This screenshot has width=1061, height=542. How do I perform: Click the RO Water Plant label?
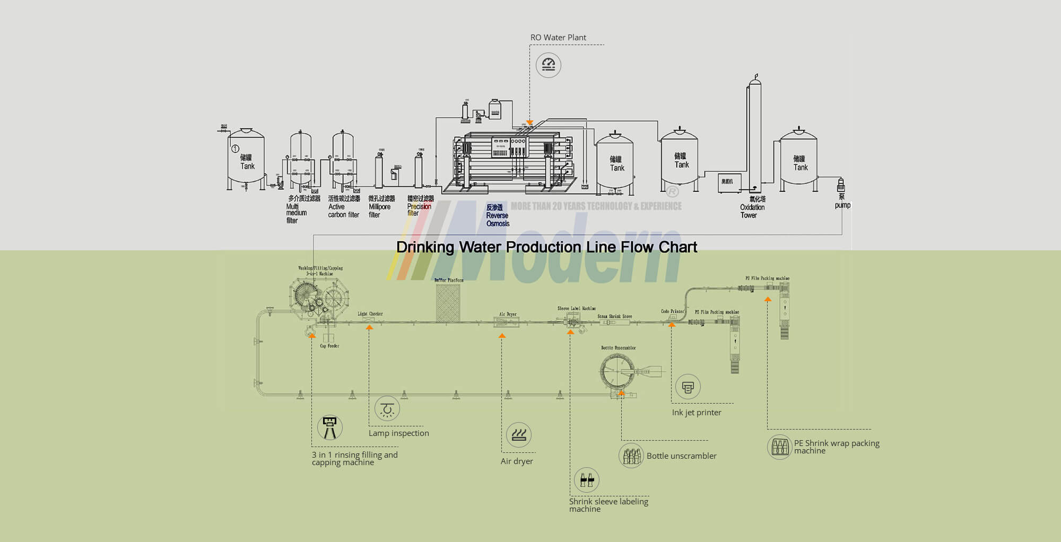point(558,38)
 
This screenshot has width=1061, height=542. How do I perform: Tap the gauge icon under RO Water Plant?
point(548,65)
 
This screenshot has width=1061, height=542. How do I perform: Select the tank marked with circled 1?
point(246,159)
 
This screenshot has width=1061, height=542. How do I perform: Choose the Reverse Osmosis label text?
point(498,216)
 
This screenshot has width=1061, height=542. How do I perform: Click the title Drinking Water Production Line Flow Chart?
point(546,247)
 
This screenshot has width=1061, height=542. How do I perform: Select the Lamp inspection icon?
point(387,409)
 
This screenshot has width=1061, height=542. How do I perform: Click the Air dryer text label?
point(517,461)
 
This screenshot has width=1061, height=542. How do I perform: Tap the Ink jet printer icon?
point(688,387)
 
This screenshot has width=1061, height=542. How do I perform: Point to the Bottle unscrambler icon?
point(631,456)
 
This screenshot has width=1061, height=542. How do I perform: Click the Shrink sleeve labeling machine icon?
point(587,480)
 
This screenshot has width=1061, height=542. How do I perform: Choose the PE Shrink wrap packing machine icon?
point(780,447)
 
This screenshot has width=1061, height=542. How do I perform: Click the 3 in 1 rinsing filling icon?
point(329,427)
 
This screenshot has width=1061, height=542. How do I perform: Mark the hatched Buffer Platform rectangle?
point(448,303)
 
